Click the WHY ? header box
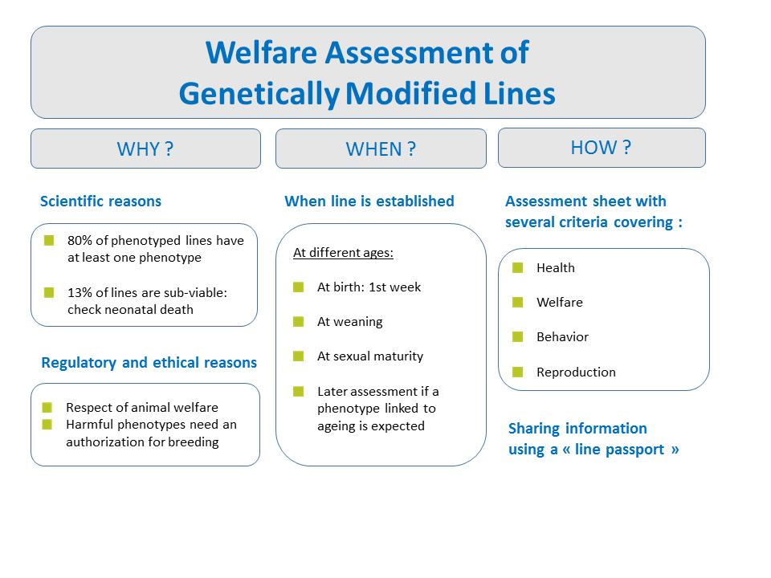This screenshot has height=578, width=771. pos(145,149)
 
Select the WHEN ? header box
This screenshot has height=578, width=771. pos(381,149)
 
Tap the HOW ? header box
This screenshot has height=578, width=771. pos(602,148)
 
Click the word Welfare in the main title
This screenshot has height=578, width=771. pos(261,53)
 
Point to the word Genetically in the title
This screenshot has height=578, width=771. pos(259,94)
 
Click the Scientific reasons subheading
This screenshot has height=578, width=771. pos(101,201)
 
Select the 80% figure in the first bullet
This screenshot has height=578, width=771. pos(80,240)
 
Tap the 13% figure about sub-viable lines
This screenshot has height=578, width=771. pos(80,292)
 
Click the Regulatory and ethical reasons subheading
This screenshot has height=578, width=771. pos(149,362)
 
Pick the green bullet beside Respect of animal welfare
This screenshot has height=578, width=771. pos(47,407)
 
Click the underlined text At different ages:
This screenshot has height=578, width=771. pos(343,253)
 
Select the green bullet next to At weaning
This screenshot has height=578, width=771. pos(299,321)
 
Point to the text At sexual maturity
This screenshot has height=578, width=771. pos(370,356)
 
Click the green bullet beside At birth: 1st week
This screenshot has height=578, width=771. pos(299,287)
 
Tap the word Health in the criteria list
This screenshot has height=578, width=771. pos(556,268)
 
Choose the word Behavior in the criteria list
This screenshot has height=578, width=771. pos(562,336)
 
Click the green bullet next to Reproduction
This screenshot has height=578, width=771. pos(518,372)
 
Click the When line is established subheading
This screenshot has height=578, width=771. pos(369,201)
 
